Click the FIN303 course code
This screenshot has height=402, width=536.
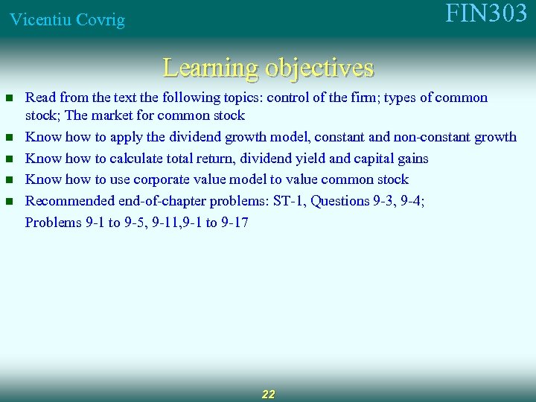pos(486,14)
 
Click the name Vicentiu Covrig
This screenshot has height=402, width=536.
pos(67,20)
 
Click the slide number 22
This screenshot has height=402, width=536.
pos(268,394)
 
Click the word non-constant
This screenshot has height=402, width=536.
pos(430,137)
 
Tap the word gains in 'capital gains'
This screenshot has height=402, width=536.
pos(410,158)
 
